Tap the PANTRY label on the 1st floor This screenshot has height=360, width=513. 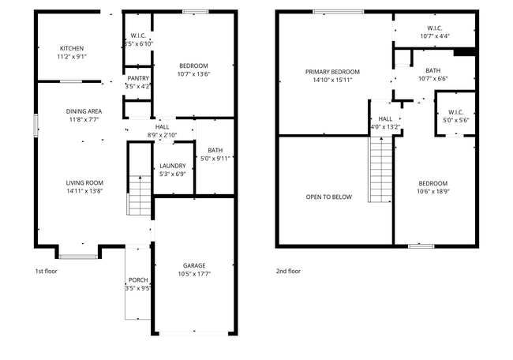(x=138, y=78)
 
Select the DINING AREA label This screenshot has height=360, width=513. (x=83, y=111)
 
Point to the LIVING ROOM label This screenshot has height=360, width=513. (x=84, y=182)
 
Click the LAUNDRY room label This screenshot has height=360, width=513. (x=171, y=165)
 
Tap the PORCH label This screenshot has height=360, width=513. (x=137, y=279)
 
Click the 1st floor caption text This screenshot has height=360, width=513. (x=46, y=271)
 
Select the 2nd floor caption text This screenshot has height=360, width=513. (x=288, y=271)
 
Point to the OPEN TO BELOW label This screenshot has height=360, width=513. (x=328, y=197)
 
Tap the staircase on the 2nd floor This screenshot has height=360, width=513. (x=380, y=169)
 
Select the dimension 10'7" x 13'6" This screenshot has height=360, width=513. (x=193, y=74)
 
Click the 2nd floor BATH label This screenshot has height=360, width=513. (x=432, y=70)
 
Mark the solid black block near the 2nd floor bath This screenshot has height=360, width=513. (x=466, y=53)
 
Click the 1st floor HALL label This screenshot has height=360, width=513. (x=162, y=126)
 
